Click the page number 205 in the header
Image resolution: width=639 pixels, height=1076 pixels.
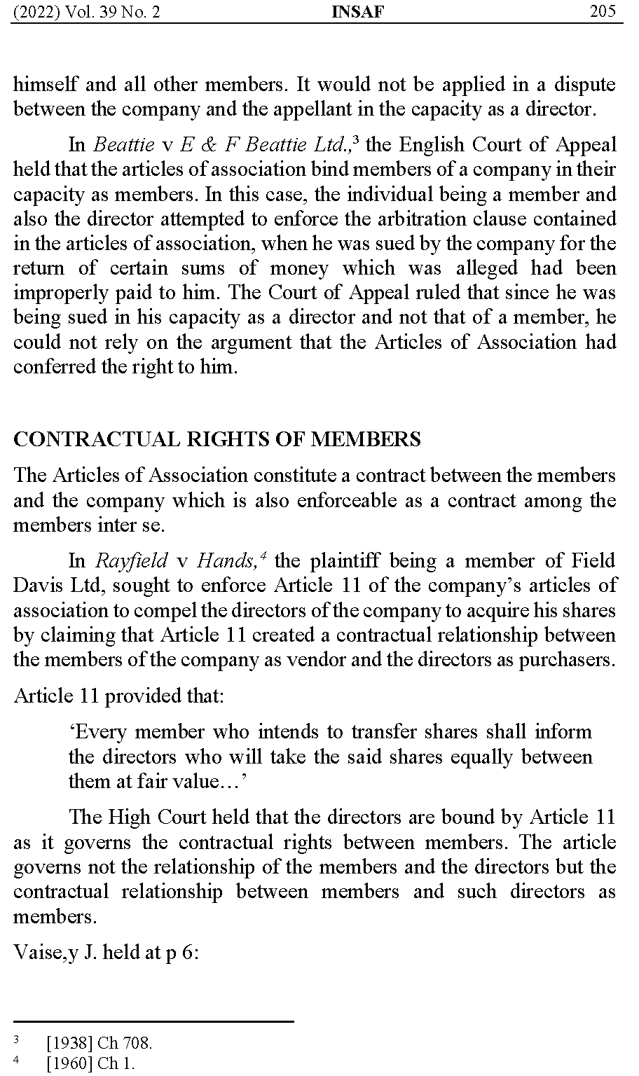pos(603,11)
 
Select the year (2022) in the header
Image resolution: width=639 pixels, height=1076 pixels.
pos(37,11)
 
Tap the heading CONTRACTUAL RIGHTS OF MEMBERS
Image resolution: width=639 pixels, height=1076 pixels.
pos(217,439)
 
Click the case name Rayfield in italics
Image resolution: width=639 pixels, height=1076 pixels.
pos(131,560)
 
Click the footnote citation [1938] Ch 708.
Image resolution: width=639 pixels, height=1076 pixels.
pos(99,1043)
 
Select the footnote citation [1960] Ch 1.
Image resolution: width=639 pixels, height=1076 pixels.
pos(90,1063)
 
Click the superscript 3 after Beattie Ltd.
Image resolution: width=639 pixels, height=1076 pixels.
pos(356,139)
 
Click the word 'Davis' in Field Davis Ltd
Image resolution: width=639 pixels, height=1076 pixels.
pos(39,586)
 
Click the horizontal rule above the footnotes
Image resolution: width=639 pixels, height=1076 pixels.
pos(153,1022)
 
